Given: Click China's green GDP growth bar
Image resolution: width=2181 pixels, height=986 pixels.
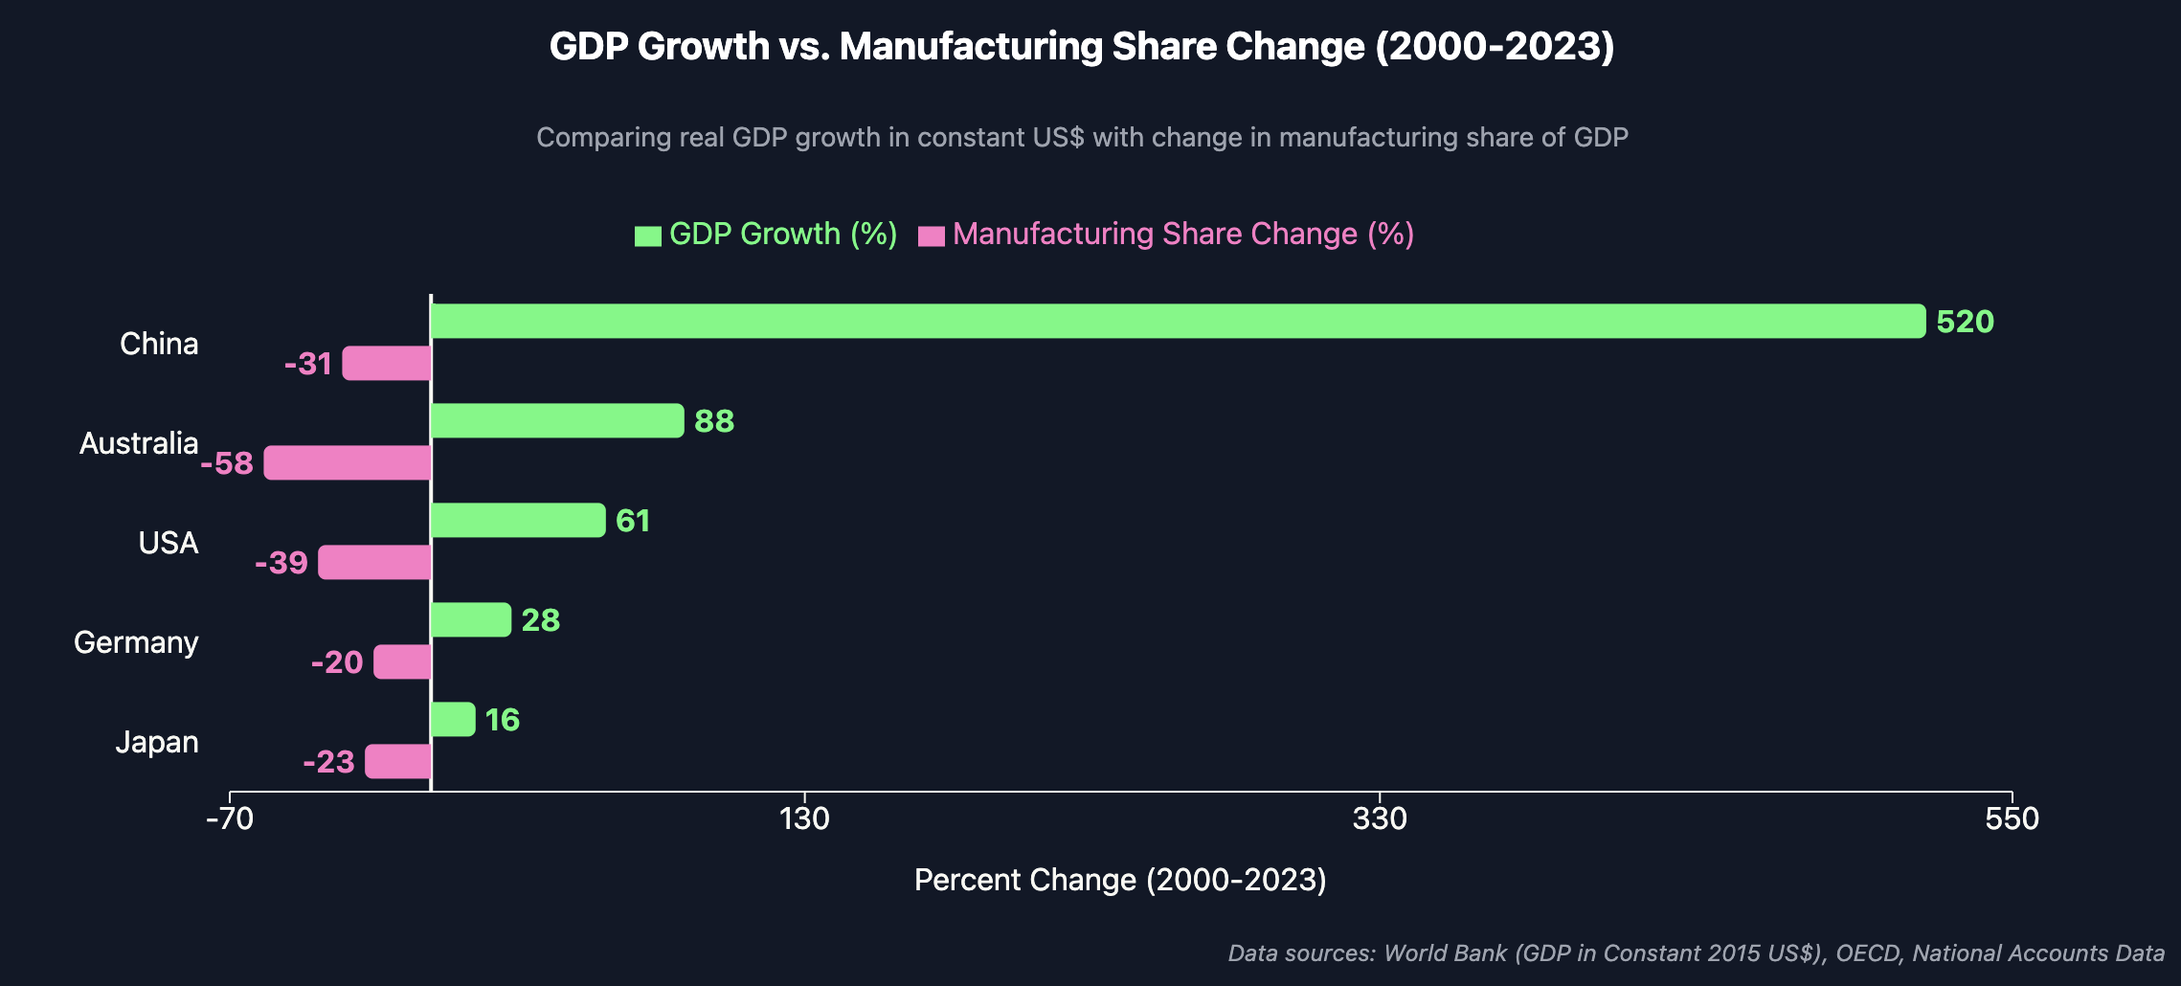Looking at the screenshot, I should point(1178,321).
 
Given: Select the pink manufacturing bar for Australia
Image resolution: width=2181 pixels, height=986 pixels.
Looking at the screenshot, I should point(348,462).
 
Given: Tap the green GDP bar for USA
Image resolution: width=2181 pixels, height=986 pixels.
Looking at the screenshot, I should point(518,520).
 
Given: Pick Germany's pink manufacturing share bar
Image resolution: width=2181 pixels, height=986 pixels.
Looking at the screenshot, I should point(402,661).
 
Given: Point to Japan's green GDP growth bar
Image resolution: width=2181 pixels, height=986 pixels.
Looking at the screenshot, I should point(453,719).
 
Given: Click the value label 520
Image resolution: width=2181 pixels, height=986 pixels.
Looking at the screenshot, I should point(1965,322).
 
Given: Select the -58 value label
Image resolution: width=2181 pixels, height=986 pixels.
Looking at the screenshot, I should point(227,463).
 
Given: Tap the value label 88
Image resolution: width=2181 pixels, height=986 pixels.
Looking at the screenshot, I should point(714,421).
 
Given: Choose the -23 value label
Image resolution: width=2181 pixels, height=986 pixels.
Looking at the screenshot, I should point(328,762).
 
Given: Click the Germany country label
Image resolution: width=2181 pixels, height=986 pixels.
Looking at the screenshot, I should point(136,642).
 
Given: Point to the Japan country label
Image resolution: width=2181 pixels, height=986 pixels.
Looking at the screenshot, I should point(157,742).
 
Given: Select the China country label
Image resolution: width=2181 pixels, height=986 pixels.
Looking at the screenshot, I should point(159,344).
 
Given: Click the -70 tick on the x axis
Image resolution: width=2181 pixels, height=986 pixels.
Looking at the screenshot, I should point(230,818).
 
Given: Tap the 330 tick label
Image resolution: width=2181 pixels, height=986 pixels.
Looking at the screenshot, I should point(1380,818).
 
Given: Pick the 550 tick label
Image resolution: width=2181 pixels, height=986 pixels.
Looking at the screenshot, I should point(2012,818).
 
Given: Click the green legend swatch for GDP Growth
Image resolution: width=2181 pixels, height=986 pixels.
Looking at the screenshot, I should point(648,235).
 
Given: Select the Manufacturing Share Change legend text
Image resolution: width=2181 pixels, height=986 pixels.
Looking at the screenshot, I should point(1183,235).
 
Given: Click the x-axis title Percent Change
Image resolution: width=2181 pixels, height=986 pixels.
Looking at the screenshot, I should point(1120,880).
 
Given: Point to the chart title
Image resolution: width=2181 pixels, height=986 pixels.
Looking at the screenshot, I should point(1082,47).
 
